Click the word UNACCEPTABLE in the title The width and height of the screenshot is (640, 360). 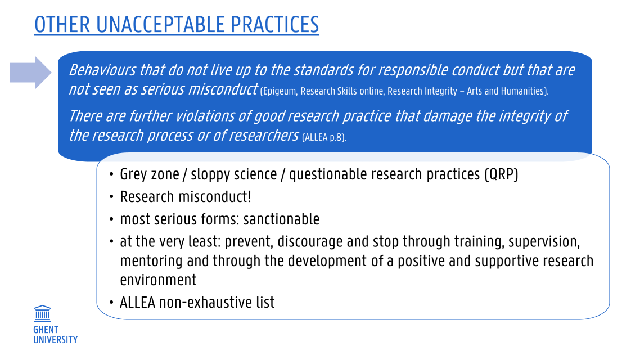pyautogui.click(x=160, y=25)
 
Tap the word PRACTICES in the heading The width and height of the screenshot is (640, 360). pyautogui.click(x=274, y=25)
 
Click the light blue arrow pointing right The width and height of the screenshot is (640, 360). pyautogui.click(x=30, y=73)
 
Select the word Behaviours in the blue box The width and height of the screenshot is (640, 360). pyautogui.click(x=102, y=70)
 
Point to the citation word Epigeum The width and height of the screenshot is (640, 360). pyautogui.click(x=279, y=92)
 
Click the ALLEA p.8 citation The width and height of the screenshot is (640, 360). pyautogui.click(x=324, y=137)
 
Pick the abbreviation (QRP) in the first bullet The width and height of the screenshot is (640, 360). pyautogui.click(x=501, y=175)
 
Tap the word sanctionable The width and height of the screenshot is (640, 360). pyautogui.click(x=281, y=219)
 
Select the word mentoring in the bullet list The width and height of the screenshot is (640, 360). pyautogui.click(x=151, y=261)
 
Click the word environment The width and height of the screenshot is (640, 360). pyautogui.click(x=159, y=280)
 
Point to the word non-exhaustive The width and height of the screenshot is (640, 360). pyautogui.click(x=206, y=303)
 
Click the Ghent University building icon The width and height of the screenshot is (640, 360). pyautogui.click(x=42, y=313)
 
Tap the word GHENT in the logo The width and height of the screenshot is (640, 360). pyautogui.click(x=46, y=330)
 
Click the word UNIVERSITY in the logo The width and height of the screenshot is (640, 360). pyautogui.click(x=56, y=340)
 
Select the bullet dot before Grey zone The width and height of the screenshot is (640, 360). pyautogui.click(x=111, y=175)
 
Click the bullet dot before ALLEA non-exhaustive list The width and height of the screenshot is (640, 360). pyautogui.click(x=111, y=303)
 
